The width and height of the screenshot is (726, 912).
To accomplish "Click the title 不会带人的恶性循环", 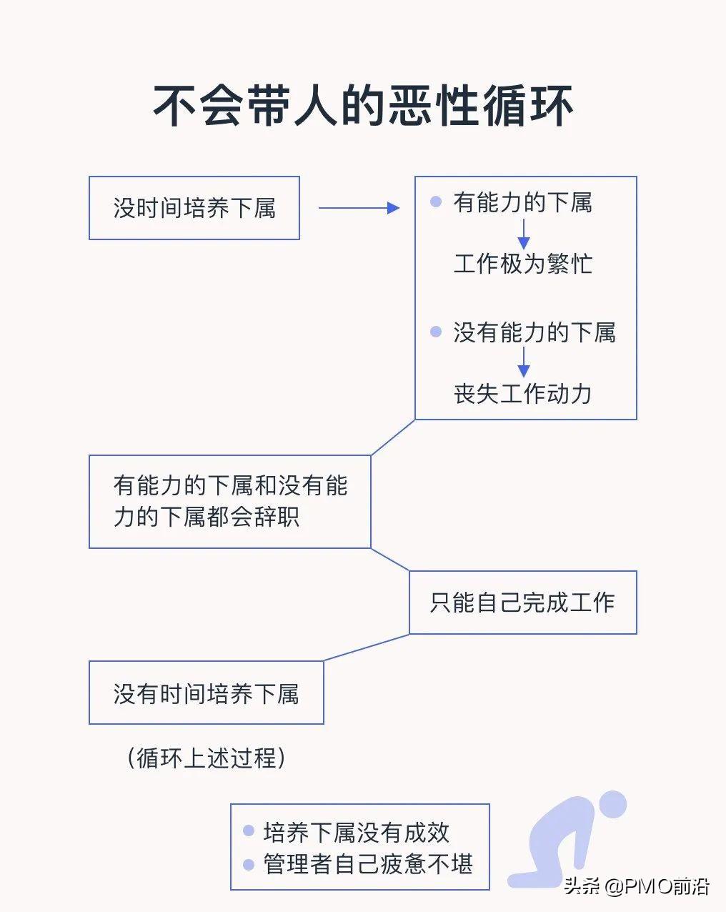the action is pyautogui.click(x=363, y=106).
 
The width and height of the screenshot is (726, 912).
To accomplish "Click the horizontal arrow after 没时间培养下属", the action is pyautogui.click(x=359, y=208).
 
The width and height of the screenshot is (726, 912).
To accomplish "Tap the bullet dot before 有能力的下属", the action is pyautogui.click(x=436, y=202).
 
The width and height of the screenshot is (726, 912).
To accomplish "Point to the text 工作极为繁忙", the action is pyautogui.click(x=523, y=264).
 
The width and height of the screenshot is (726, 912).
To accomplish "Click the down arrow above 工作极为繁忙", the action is pyautogui.click(x=524, y=234).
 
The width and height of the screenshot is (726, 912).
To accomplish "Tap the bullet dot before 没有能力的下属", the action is pyautogui.click(x=436, y=332).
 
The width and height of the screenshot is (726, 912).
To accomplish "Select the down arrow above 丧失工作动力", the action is pyautogui.click(x=524, y=362).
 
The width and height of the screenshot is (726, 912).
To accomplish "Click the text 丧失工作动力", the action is pyautogui.click(x=523, y=394).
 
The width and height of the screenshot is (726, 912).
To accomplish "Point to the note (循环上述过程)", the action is pyautogui.click(x=207, y=758).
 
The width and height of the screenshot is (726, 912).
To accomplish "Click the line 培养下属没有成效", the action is pyautogui.click(x=356, y=832).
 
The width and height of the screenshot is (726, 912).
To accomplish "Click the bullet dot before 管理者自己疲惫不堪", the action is pyautogui.click(x=249, y=864).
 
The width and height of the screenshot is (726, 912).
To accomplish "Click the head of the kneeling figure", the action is pyautogui.click(x=612, y=804).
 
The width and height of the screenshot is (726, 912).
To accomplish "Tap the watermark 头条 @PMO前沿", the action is pyautogui.click(x=636, y=886).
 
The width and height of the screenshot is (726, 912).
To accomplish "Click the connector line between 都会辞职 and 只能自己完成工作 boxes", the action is pyautogui.click(x=390, y=560).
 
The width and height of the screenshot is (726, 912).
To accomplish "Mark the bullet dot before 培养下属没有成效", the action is pyautogui.click(x=249, y=831).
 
